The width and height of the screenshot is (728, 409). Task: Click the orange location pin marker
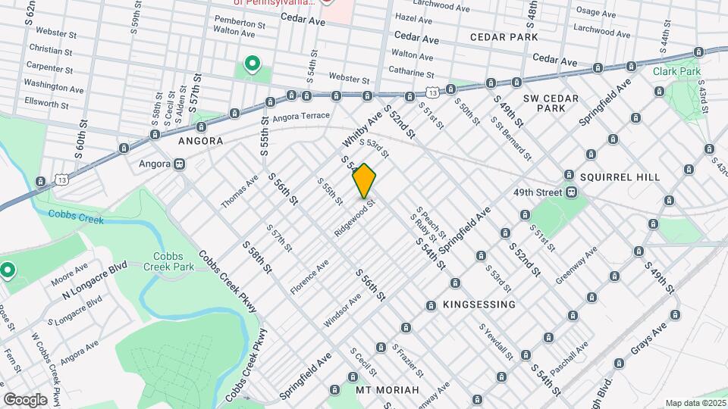[x=364, y=180]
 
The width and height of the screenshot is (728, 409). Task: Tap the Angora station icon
[x=180, y=163]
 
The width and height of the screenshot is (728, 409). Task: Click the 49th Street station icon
[x=570, y=192]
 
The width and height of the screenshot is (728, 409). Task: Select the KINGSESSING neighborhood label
[x=479, y=304]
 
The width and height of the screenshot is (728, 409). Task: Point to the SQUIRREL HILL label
[x=620, y=176]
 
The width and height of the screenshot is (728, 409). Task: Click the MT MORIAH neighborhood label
[x=388, y=389]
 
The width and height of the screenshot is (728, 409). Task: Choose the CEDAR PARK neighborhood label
[x=504, y=36]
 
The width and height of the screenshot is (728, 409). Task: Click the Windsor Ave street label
[x=342, y=311]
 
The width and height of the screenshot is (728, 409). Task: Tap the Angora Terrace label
[x=301, y=117]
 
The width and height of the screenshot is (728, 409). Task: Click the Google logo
[x=25, y=399]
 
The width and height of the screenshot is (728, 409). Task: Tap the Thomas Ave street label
[x=240, y=192]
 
